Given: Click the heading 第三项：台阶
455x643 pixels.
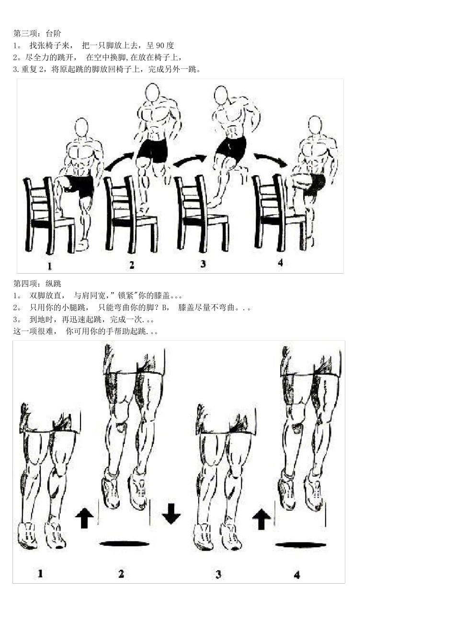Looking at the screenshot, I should coord(37,33).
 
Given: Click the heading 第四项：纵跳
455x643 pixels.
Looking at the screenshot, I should coord(37,284).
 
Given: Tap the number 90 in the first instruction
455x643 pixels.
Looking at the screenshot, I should coord(161,45).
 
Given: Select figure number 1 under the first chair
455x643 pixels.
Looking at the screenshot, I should coord(50,266).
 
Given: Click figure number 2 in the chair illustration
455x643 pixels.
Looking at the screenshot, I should coord(132,265).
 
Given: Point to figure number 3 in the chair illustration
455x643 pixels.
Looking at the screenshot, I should coord(203,264).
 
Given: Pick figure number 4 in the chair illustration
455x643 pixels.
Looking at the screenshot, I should coord(280,263).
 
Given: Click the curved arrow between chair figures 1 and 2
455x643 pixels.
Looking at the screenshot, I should coord(119,162).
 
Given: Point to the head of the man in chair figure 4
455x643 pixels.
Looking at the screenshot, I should coord(315,125).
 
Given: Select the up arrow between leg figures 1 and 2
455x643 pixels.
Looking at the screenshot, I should coord(84,518).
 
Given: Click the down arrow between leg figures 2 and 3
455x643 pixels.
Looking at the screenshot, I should coord(171,513).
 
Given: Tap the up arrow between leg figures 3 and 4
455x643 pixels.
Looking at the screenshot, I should coord(262,519).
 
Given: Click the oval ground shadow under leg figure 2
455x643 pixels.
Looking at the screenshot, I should coord(124,543).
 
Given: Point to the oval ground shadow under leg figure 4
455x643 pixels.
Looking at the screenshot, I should coord(301,544).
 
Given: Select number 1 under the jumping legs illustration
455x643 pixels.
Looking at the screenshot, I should coord(40,573).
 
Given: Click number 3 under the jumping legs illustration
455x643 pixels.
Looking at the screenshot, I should coord(218,574).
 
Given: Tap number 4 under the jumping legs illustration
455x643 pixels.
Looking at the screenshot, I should coord(296,575).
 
